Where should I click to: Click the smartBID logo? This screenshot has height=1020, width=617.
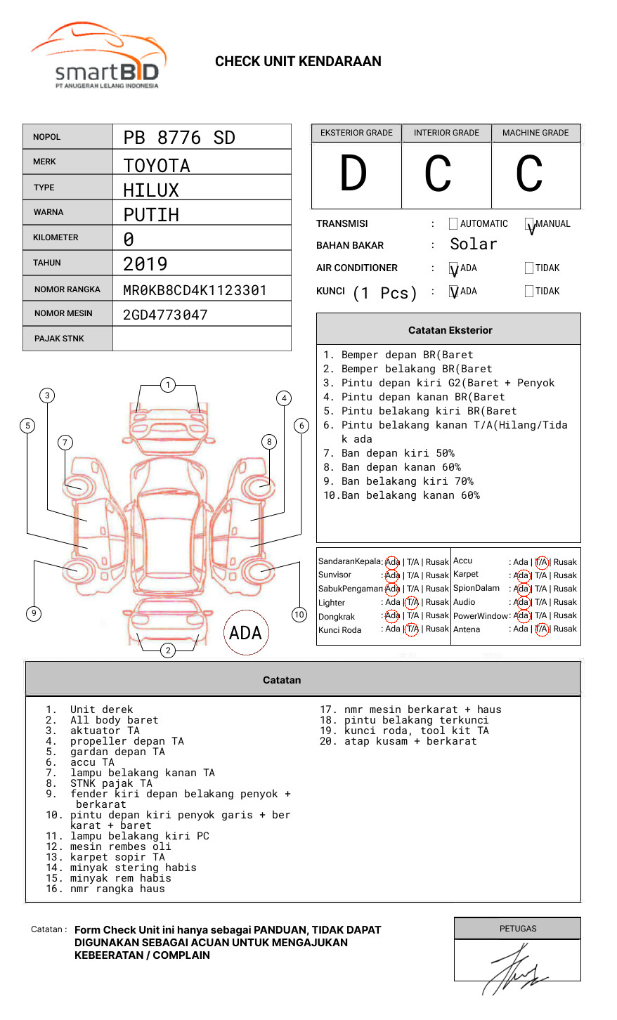coord(98,56)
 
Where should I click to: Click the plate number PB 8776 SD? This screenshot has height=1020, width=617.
coord(179,138)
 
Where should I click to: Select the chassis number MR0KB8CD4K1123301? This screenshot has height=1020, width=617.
coord(195,290)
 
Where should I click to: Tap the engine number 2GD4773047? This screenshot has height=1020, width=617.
coord(165,315)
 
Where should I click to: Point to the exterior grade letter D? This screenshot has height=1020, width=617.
coord(353,174)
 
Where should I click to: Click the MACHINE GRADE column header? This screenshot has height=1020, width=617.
coord(535,133)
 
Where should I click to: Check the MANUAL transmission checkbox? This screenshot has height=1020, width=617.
coord(529,224)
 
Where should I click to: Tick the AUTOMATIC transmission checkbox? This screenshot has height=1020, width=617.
coord(453,224)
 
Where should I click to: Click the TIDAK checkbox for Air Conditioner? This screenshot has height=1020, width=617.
coord(529,268)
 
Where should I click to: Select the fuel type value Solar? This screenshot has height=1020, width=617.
coord(473,244)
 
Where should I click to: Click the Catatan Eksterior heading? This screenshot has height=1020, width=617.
coord(450,330)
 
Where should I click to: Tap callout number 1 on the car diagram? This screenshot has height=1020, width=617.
coord(167,385)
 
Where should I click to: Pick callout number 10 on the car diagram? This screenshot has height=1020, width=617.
coord(299,615)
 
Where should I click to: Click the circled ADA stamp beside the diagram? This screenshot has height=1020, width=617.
coord(245,633)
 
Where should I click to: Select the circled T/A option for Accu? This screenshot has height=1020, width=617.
coord(541,562)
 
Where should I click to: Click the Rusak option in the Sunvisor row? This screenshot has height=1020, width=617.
coord(436,575)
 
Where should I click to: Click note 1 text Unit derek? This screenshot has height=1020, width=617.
coord(101,710)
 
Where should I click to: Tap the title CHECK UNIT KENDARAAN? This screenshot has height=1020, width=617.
coord(298,62)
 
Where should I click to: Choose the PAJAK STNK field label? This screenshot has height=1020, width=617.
coord(59,339)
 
